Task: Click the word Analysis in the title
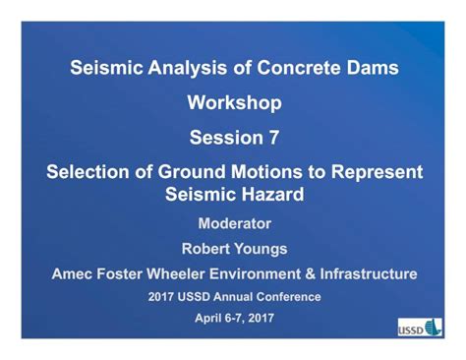click(188, 69)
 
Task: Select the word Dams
click(373, 68)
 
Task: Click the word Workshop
click(235, 103)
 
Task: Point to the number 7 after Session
click(273, 138)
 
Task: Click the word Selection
click(87, 172)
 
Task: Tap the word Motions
click(266, 172)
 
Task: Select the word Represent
click(377, 172)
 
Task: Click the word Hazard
click(273, 195)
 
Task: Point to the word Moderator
click(235, 223)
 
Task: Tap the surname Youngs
click(262, 250)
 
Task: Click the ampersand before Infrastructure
click(311, 274)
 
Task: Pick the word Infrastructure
click(369, 274)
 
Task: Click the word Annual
click(233, 297)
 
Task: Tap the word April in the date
click(205, 318)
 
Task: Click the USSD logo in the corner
click(420, 328)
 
